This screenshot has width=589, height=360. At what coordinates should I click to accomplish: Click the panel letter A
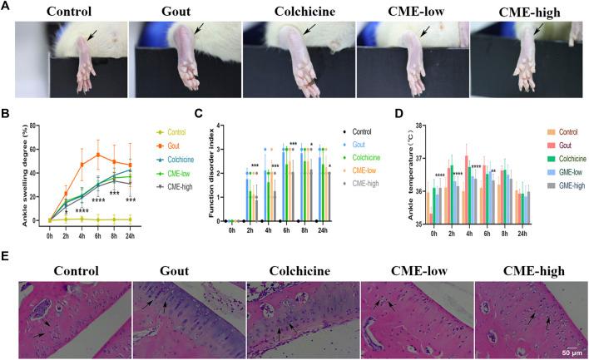coord(7,6)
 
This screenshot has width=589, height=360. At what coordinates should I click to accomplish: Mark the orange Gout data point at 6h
coord(99,155)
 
